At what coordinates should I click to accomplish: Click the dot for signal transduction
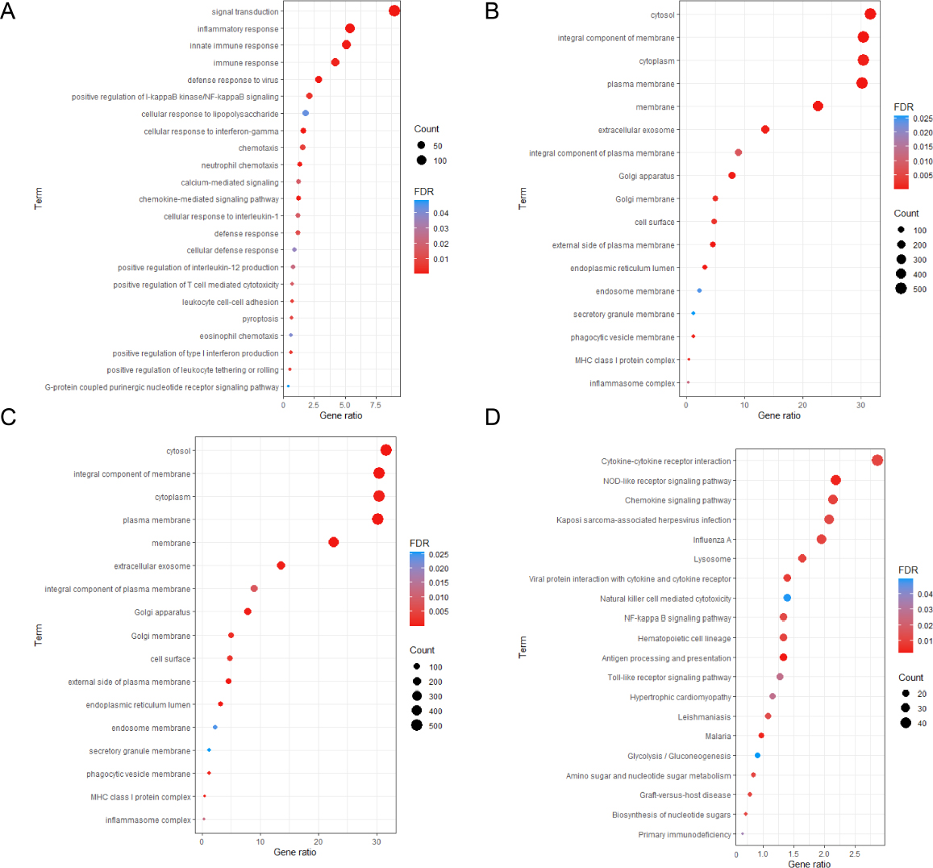click(x=394, y=10)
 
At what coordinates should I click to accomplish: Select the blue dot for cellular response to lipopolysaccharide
click(x=306, y=114)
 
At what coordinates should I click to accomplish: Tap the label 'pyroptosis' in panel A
click(x=260, y=319)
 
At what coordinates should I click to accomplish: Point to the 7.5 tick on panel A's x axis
click(x=375, y=404)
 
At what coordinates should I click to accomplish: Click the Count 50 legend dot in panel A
click(x=421, y=146)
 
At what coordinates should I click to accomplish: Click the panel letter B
click(x=492, y=11)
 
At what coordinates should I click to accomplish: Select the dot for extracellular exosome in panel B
click(x=765, y=130)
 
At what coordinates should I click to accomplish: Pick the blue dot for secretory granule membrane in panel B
click(x=694, y=314)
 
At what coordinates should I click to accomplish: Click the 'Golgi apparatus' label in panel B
click(x=647, y=177)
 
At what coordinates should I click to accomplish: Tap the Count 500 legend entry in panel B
click(x=901, y=289)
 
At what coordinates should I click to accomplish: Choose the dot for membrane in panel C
click(x=334, y=543)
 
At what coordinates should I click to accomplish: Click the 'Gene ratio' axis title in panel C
click(x=295, y=853)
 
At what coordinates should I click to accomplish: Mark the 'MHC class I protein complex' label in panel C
click(x=141, y=798)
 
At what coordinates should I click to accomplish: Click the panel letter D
click(x=492, y=416)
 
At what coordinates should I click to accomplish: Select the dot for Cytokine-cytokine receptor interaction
click(x=877, y=461)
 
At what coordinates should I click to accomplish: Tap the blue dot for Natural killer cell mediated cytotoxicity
click(x=787, y=598)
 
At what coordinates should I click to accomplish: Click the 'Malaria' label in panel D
click(x=718, y=737)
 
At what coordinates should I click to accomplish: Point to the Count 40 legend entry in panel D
click(x=906, y=723)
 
